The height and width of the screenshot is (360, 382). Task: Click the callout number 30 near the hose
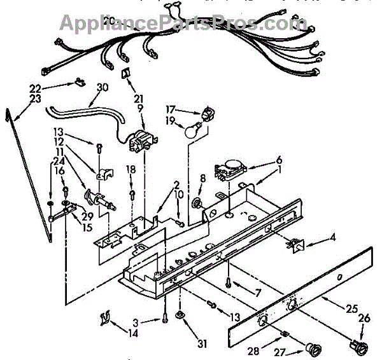[101, 88]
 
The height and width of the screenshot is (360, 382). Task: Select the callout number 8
[202, 179]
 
